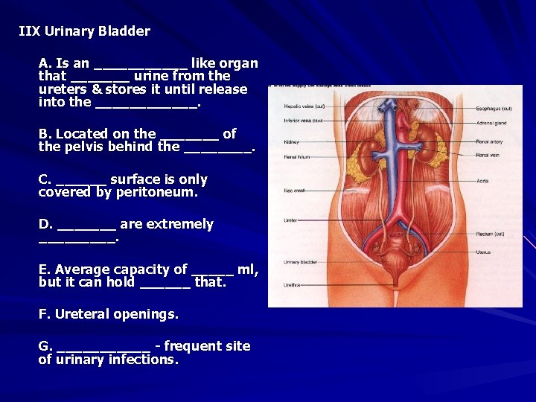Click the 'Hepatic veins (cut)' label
tap(303, 107)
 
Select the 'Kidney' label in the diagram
tap(291, 141)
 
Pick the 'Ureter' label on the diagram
tap(290, 220)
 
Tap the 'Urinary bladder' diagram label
tap(299, 261)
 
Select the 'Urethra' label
tap(293, 284)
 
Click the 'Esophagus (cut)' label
tap(494, 109)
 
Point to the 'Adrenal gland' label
tap(491, 124)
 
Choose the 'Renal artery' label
tap(489, 141)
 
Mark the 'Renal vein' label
tap(488, 155)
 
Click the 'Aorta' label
tap(482, 181)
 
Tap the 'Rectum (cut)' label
tap(491, 234)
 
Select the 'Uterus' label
tap(484, 252)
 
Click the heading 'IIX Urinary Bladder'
tap(84, 31)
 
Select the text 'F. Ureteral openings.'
tap(109, 314)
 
